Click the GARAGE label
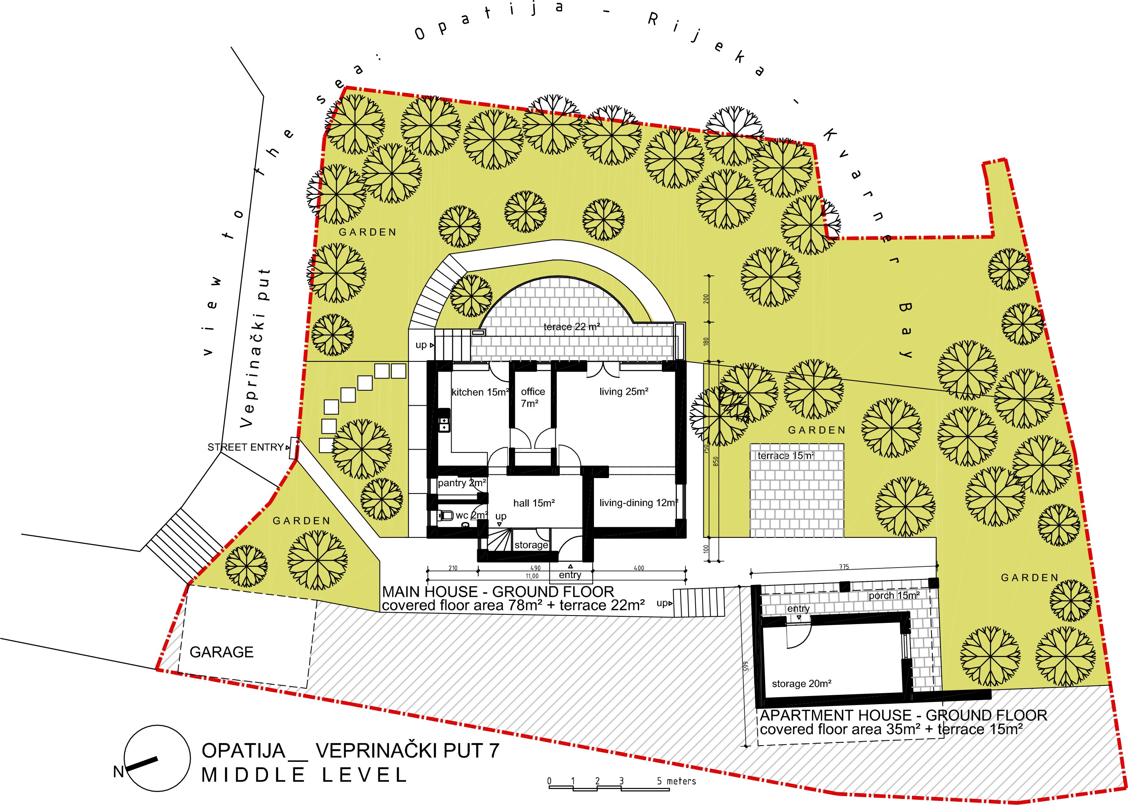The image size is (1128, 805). pyautogui.click(x=222, y=652)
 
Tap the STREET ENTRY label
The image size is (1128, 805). pyautogui.click(x=245, y=447)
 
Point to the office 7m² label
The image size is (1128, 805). pyautogui.click(x=533, y=398)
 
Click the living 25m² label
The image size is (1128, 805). pyautogui.click(x=624, y=392)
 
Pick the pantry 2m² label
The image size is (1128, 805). pyautogui.click(x=462, y=483)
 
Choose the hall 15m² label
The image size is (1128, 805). pyautogui.click(x=534, y=503)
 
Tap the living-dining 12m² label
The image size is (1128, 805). pyautogui.click(x=639, y=503)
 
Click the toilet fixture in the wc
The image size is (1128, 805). pyautogui.click(x=445, y=516)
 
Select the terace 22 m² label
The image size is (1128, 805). pyautogui.click(x=572, y=326)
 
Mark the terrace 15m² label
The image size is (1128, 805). pyautogui.click(x=786, y=455)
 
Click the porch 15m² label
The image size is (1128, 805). pyautogui.click(x=895, y=595)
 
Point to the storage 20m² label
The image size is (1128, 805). pyautogui.click(x=802, y=683)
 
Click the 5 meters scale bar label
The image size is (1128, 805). pyautogui.click(x=677, y=781)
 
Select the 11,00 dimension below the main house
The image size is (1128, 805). pyautogui.click(x=532, y=576)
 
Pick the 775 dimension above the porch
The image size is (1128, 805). pyautogui.click(x=844, y=567)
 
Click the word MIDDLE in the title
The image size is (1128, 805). pyautogui.click(x=253, y=775)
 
